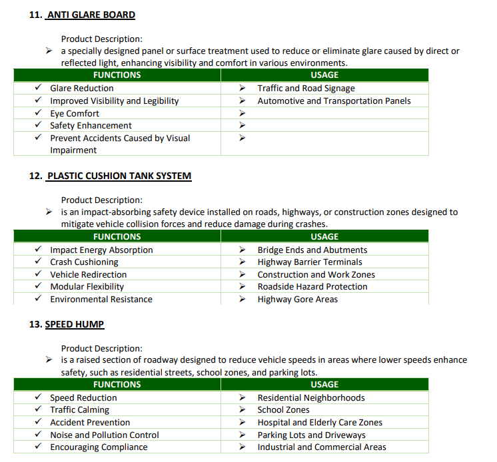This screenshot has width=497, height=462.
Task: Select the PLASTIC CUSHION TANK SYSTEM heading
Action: click(119, 176)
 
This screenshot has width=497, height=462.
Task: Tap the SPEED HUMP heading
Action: click(75, 324)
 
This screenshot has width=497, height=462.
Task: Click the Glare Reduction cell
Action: click(82, 89)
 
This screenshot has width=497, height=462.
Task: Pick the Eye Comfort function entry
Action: click(75, 113)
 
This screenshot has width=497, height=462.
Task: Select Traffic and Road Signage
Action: click(306, 89)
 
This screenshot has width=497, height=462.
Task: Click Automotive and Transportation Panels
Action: click(334, 101)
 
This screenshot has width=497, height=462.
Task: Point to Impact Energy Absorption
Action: click(101, 250)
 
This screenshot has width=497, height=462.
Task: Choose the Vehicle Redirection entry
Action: click(88, 274)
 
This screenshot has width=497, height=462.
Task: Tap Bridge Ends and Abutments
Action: click(312, 250)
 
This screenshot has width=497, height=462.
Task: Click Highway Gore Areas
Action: click(297, 300)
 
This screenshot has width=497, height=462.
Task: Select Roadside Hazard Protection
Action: click(312, 287)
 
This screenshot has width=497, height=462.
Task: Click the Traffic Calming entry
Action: click(79, 410)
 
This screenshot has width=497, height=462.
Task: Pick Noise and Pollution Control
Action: click(105, 435)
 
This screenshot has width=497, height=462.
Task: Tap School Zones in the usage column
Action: click(283, 410)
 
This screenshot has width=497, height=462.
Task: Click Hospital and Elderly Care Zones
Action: click(320, 422)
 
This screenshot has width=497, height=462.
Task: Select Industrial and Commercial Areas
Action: click(322, 447)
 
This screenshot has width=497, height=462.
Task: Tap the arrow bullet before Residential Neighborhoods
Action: click(243, 398)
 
